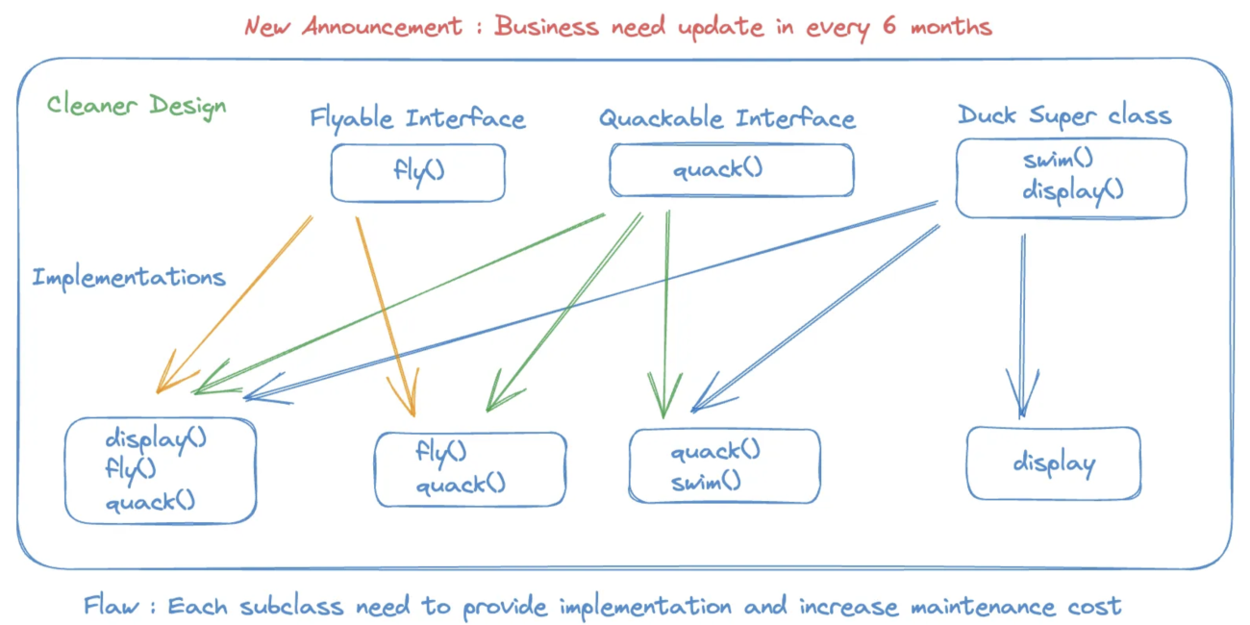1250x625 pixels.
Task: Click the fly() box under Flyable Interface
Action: click(x=418, y=172)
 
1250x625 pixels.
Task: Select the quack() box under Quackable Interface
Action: click(x=731, y=170)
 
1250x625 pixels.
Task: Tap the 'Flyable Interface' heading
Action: click(x=417, y=119)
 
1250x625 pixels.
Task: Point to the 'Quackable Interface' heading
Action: click(x=727, y=119)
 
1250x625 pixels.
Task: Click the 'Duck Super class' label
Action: click(x=1064, y=116)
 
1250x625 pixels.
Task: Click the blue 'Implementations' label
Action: click(x=129, y=278)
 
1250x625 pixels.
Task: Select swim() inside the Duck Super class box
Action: click(x=1058, y=160)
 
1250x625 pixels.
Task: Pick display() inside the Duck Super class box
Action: click(x=1072, y=190)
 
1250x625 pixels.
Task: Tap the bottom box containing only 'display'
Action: click(x=1054, y=464)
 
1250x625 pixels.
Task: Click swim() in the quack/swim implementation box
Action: click(x=706, y=481)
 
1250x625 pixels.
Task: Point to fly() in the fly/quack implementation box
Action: click(x=440, y=451)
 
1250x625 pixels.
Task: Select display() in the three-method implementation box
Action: click(x=156, y=439)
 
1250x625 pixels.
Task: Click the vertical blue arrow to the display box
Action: click(x=1022, y=317)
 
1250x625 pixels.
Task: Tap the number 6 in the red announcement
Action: click(x=889, y=26)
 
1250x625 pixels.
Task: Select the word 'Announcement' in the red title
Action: click(x=383, y=26)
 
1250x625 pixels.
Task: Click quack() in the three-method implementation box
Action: click(x=150, y=501)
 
